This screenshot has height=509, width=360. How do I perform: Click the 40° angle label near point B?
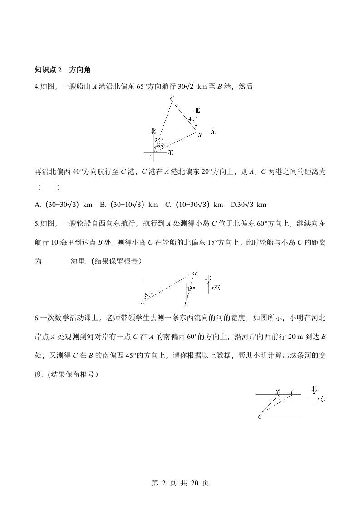coord(192,119)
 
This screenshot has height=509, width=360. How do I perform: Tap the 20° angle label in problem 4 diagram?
coord(158,140)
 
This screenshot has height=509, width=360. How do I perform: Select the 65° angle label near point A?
coord(160,146)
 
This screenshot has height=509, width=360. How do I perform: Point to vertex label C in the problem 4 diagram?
coord(172,98)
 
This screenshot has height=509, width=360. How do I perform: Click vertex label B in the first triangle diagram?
coord(199,135)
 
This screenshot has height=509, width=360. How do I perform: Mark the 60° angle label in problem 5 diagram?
coord(148,295)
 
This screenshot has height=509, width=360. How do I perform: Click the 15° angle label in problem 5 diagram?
coord(191,289)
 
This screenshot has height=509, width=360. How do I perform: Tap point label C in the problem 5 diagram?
coord(197,274)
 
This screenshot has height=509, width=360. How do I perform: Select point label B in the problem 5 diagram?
coord(186,304)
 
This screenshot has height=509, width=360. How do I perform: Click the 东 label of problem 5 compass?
coord(217,287)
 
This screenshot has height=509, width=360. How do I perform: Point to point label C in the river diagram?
coord(260,417)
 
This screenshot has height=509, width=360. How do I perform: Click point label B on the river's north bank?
coord(276,391)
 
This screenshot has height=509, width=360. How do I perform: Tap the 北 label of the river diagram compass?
coord(315,388)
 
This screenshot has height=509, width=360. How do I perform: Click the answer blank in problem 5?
coord(56,261)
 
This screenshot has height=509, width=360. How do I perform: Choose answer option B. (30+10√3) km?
coord(128,205)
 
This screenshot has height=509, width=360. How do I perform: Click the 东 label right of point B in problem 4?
coord(213,132)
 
